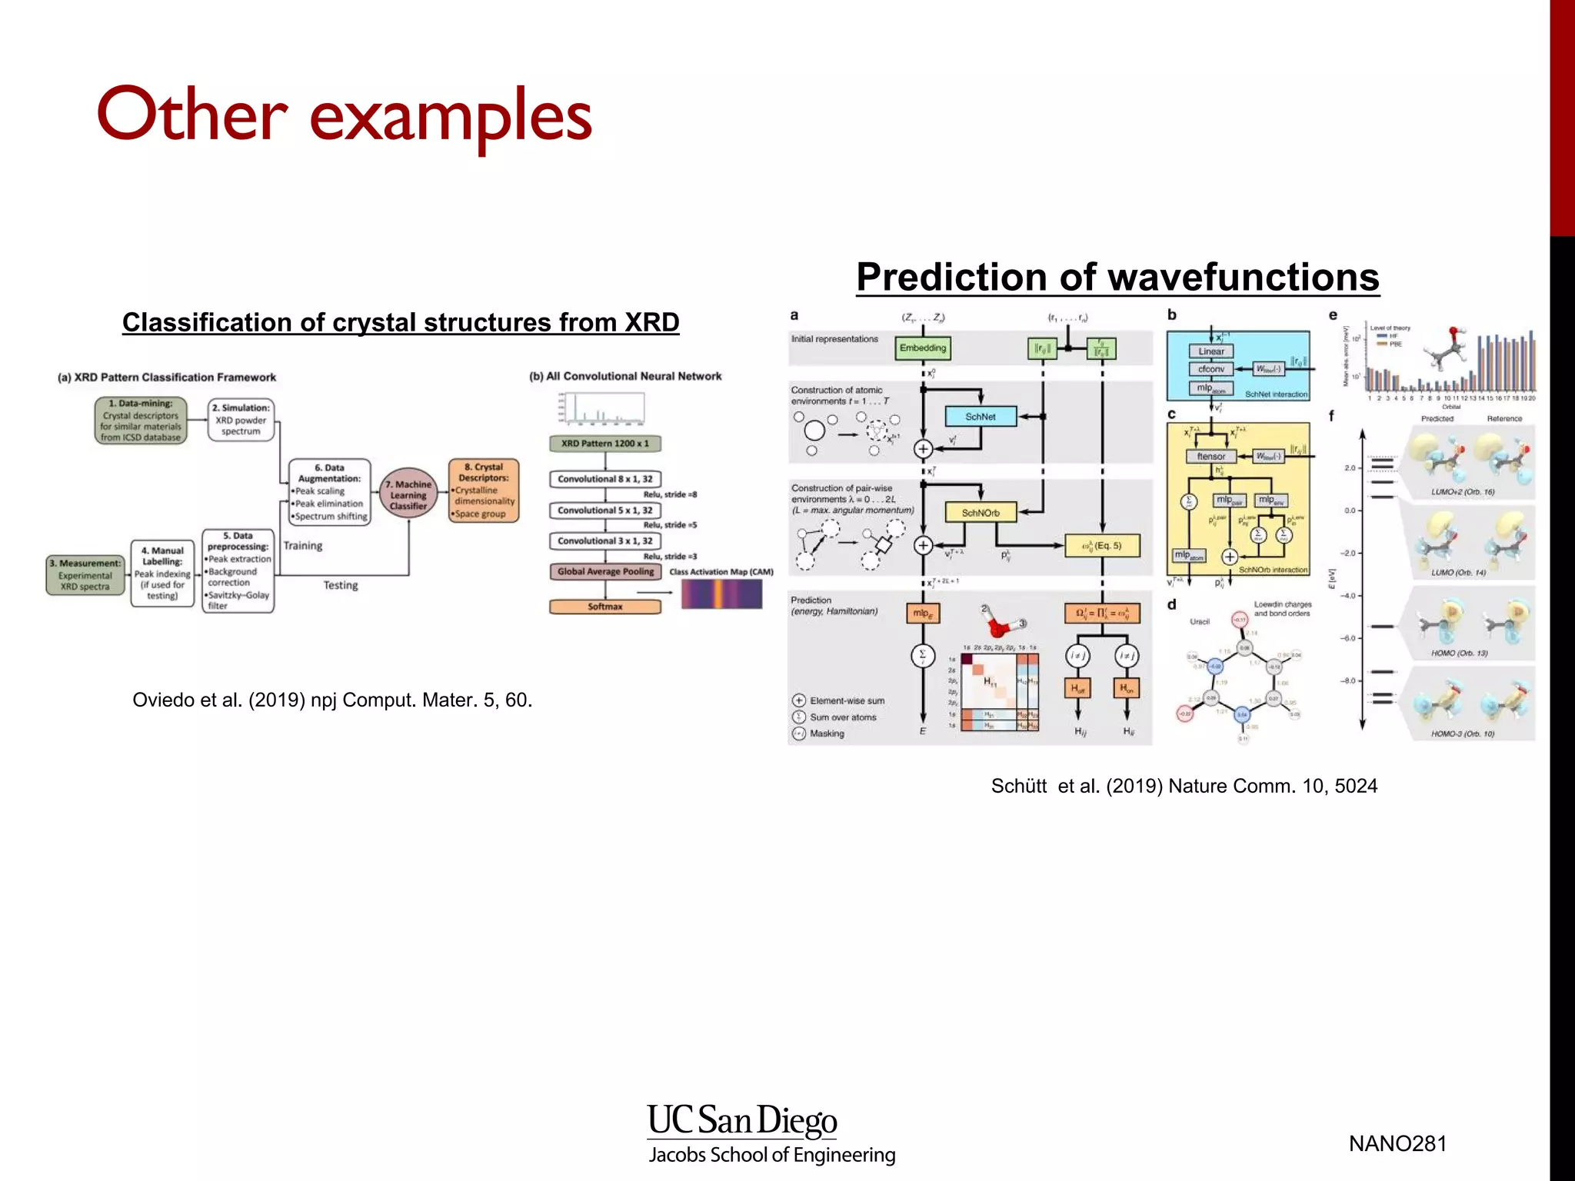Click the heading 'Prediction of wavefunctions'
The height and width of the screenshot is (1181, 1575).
coord(1117,277)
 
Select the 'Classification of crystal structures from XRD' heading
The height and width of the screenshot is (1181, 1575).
coord(400,322)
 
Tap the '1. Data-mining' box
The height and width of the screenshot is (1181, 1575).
coord(141,421)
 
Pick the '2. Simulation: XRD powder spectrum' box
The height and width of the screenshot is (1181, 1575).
coord(241,420)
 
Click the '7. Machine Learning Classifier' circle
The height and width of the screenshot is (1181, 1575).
coord(408,494)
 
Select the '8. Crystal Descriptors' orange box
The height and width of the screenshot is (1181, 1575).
coord(483,491)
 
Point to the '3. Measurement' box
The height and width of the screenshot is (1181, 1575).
coord(85,575)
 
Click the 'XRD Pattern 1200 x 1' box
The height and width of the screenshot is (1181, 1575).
coord(604,444)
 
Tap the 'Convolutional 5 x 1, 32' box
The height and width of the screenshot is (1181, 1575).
coord(604,511)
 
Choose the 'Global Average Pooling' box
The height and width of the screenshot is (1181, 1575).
coord(605,571)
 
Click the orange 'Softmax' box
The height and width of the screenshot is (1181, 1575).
coord(604,607)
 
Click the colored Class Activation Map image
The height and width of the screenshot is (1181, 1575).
coord(721,594)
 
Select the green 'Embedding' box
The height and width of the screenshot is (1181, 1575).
coord(923,348)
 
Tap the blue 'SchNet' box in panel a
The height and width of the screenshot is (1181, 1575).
coord(981,417)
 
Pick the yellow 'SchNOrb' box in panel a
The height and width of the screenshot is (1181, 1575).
coord(981,513)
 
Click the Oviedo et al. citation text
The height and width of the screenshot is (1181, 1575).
coord(332,700)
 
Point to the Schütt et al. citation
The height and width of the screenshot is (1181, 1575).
coord(1184,786)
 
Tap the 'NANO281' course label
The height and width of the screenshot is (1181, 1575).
coord(1397,1143)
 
